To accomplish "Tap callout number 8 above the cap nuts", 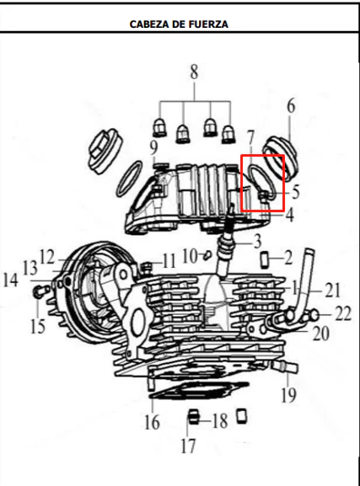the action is coord(194,72).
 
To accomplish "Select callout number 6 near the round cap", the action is coord(291,106).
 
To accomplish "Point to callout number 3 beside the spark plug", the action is coord(257,242).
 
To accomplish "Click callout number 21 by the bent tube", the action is coord(333,291).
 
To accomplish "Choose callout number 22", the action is coord(343,313).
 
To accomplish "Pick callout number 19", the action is coord(288,395).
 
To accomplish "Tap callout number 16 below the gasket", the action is coord(152,422).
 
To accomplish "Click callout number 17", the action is coord(189,446).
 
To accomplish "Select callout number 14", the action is coord(11,280).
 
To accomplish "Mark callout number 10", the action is coord(190,257).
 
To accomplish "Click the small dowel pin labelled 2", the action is coord(265,260).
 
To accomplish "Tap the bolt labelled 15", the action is coord(40,291).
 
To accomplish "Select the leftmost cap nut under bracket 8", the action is coord(159,128).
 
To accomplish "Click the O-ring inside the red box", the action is coord(261,182).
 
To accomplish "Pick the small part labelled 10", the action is coord(207,255).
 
